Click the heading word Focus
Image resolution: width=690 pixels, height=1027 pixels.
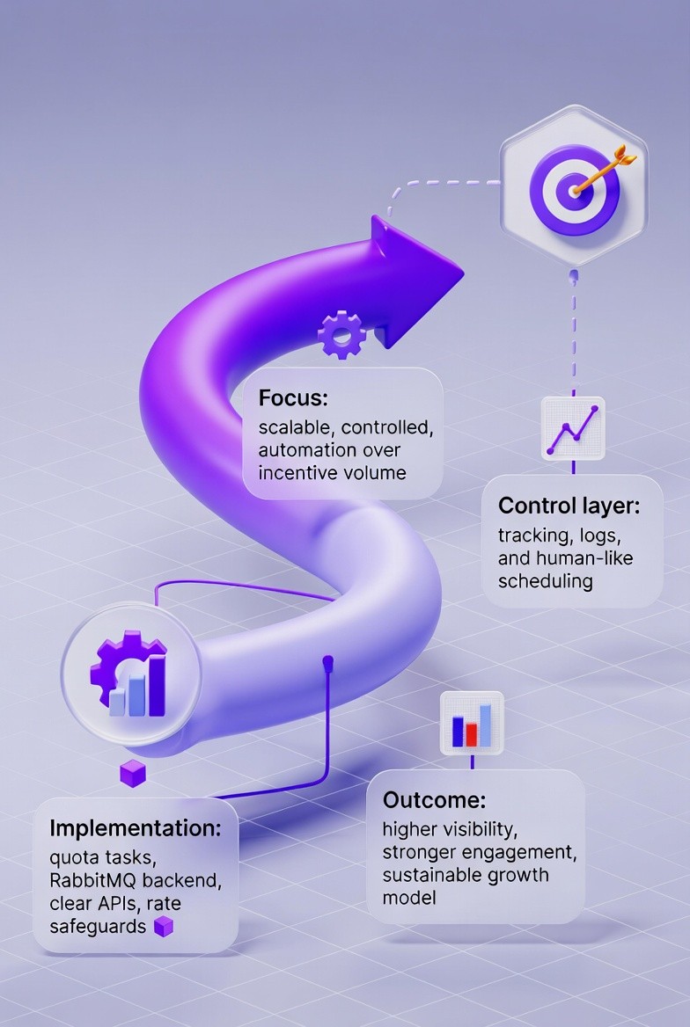click(293, 397)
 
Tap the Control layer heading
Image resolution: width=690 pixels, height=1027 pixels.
click(568, 506)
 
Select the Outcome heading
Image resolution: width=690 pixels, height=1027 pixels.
click(434, 800)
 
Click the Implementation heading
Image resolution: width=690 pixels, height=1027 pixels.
click(143, 827)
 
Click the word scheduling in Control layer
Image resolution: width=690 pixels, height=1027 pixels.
click(545, 581)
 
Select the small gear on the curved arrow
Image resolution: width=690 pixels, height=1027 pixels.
click(341, 333)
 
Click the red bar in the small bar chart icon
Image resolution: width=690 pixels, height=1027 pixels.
click(472, 732)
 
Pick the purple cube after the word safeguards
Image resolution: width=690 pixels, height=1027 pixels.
click(164, 926)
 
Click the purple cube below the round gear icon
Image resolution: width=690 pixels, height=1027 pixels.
click(132, 774)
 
